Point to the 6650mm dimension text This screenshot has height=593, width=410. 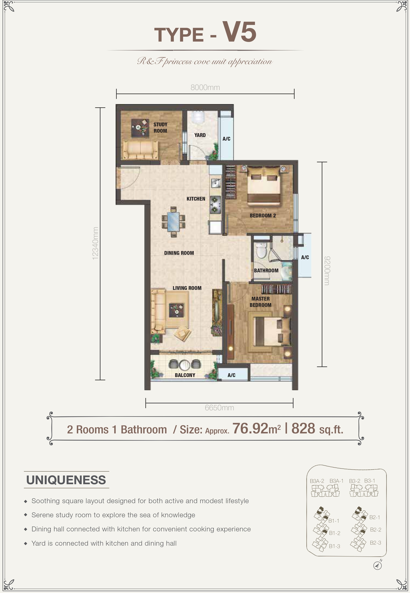tap(219, 408)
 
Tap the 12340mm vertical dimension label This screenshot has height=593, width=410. tap(95, 243)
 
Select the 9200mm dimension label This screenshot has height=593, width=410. tap(327, 271)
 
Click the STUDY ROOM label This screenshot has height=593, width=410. tap(160, 127)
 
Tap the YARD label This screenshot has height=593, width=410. tap(200, 135)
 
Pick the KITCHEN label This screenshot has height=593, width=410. tap(196, 199)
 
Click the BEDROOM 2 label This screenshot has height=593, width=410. tap(263, 216)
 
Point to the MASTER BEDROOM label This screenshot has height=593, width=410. tap(261, 302)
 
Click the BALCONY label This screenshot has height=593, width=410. tap(185, 375)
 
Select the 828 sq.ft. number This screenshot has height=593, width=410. tap(317, 429)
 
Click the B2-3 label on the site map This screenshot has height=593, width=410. tap(375, 543)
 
